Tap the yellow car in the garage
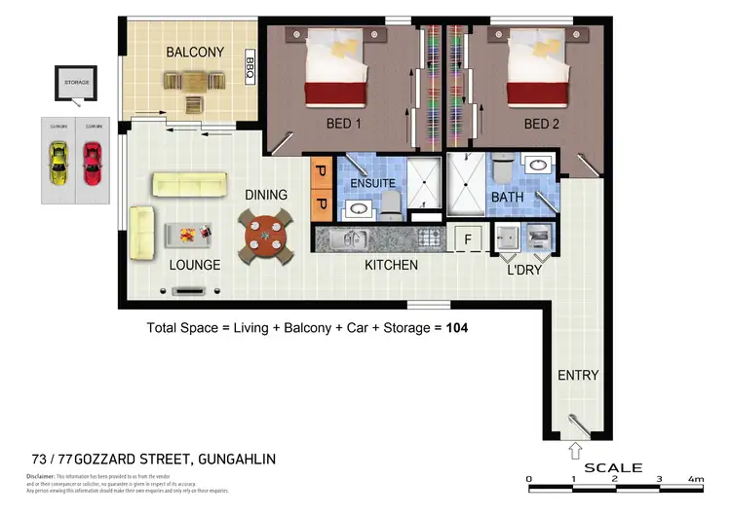click(59, 164)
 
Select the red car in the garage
click(92, 164)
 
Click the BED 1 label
click(344, 124)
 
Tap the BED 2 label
click(541, 124)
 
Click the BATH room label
click(507, 197)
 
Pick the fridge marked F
click(468, 238)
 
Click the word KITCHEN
click(391, 265)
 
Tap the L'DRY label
click(524, 270)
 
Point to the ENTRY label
click(578, 376)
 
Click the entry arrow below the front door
click(576, 451)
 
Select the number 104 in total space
click(457, 328)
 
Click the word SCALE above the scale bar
click(613, 467)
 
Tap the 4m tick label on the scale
click(696, 479)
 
